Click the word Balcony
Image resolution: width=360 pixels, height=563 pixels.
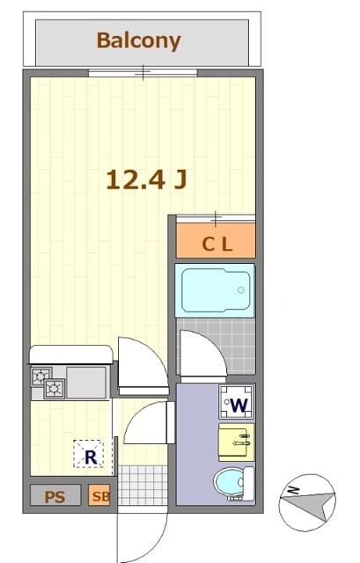139,41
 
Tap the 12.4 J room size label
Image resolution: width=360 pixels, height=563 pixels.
147,179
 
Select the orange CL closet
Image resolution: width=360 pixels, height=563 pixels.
216,240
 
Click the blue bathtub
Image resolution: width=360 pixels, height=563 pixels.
215,290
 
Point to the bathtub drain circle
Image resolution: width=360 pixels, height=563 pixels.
240,290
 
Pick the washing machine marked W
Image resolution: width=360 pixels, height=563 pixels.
237,402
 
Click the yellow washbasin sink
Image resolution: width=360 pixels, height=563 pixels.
237,442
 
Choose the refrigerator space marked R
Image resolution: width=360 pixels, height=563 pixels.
89,454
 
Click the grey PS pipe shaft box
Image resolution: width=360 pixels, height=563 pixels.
55,495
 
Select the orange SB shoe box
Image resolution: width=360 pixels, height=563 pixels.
99,495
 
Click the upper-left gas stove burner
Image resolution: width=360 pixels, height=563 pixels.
41,377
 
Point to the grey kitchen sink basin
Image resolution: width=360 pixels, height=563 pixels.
86,382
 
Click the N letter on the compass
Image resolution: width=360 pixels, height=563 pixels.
294,490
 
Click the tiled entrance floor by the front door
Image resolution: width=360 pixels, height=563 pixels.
143,485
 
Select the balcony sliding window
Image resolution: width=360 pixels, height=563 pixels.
143,73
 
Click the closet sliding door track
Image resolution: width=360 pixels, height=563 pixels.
216,218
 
